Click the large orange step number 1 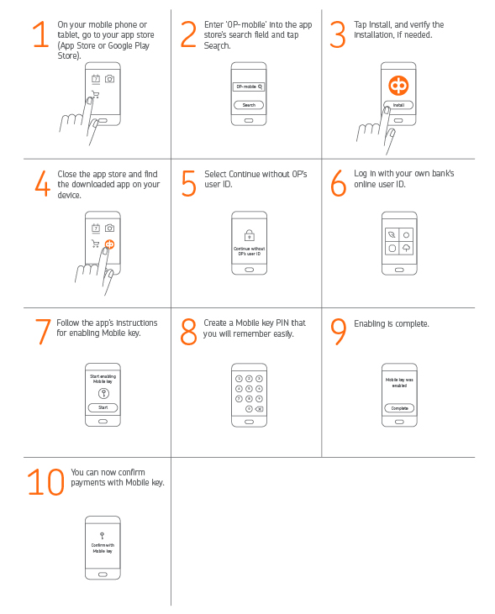click(x=41, y=34)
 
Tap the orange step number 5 click(x=188, y=183)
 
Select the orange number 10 click(x=45, y=481)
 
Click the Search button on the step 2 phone click(x=249, y=105)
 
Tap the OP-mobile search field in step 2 click(x=249, y=87)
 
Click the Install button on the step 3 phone click(x=398, y=105)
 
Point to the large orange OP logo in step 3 click(x=398, y=86)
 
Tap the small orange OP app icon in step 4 click(x=110, y=244)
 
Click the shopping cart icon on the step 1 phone click(x=96, y=94)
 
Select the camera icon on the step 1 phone click(x=110, y=79)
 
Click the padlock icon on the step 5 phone click(x=250, y=235)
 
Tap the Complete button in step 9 click(x=399, y=408)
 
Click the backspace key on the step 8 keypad click(x=260, y=409)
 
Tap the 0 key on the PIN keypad click(x=249, y=409)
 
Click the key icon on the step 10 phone click(x=103, y=536)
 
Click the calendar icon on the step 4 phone click(x=96, y=228)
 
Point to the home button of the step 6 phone click(x=399, y=270)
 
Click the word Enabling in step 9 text click(x=369, y=324)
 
